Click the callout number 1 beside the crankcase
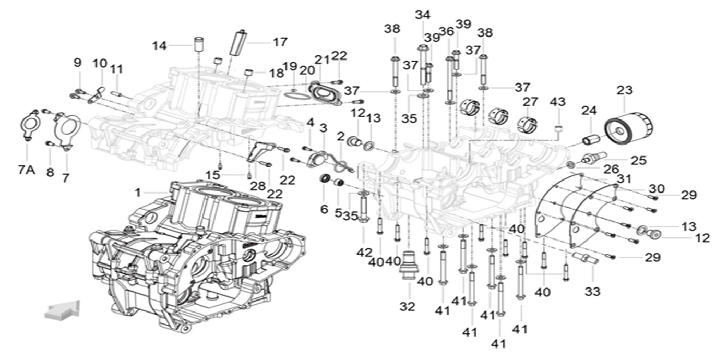pos(138,193)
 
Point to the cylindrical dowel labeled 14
pos(198,44)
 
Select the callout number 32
pos(407,307)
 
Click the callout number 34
pos(423,15)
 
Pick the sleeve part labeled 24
pos(592,140)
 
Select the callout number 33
pos(592,292)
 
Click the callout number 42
pos(364,252)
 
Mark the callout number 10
pos(100,64)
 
